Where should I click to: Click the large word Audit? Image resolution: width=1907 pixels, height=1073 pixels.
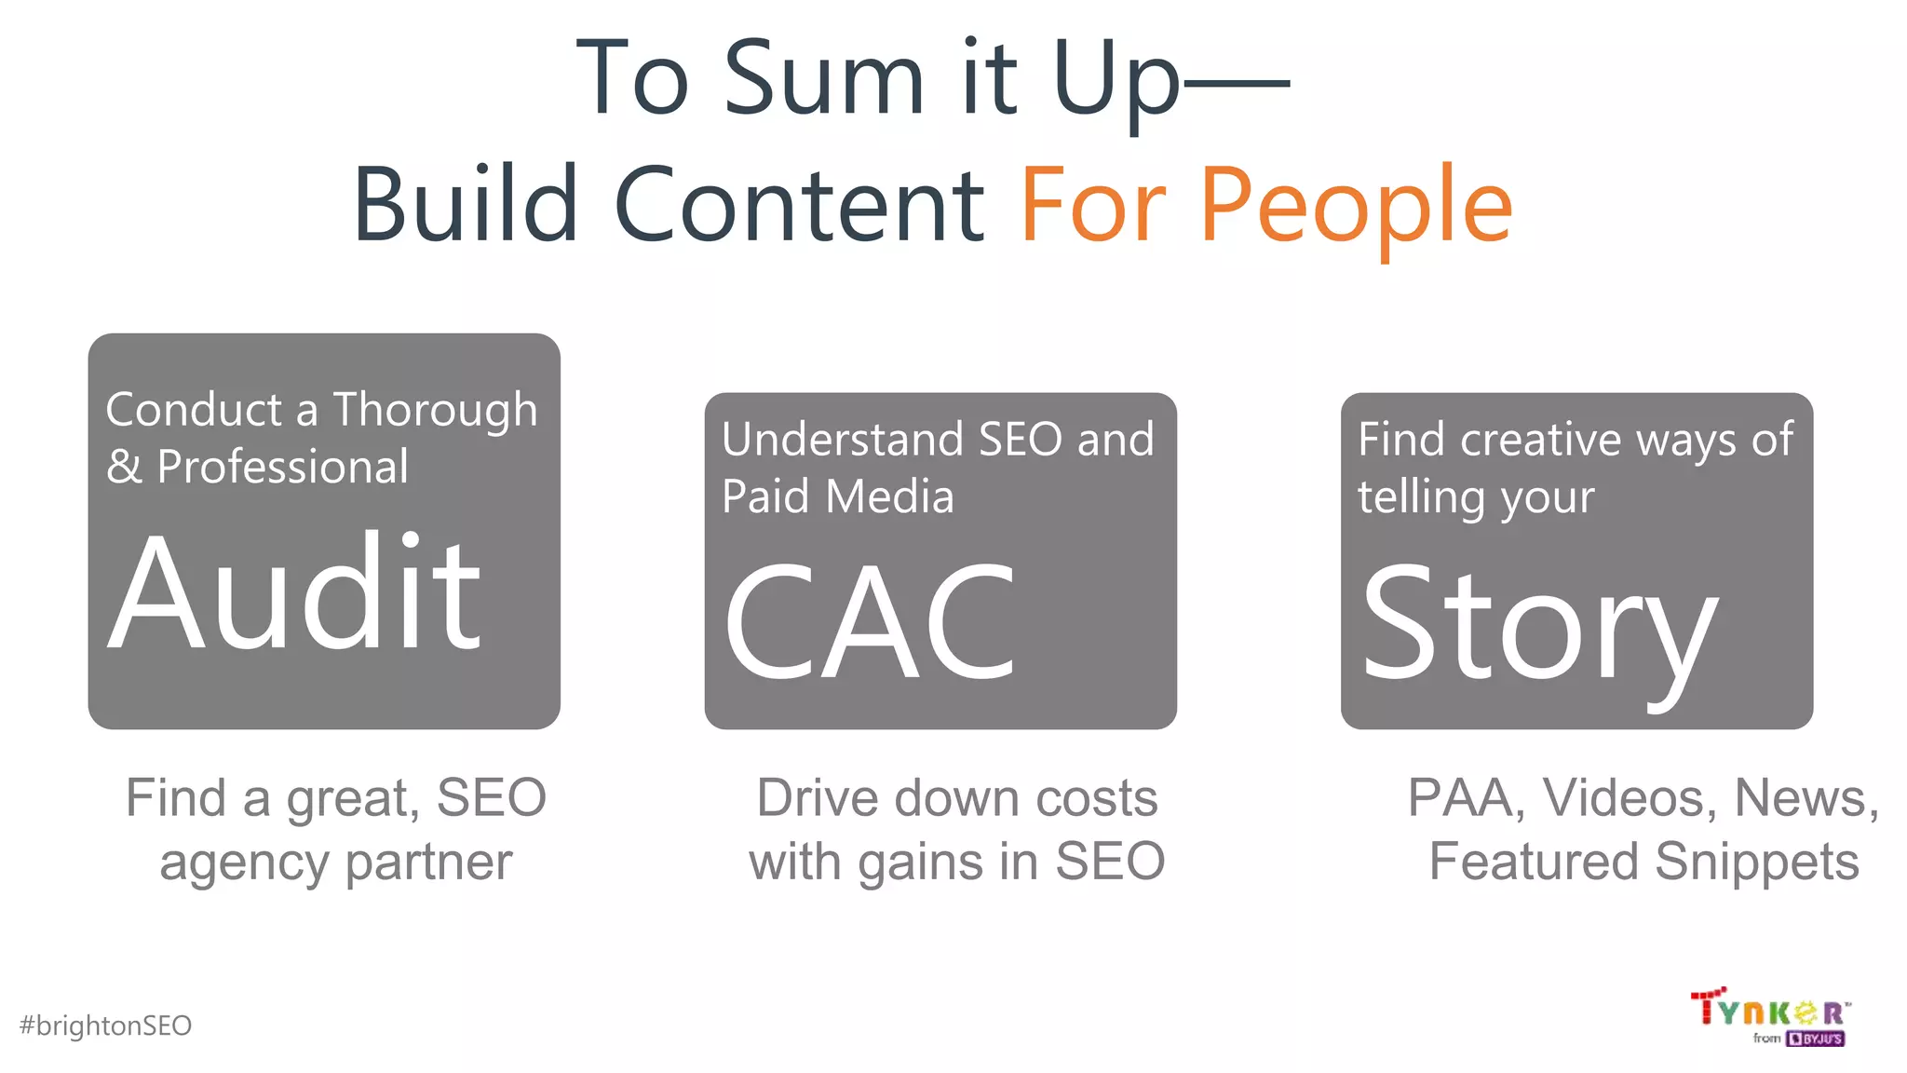point(295,592)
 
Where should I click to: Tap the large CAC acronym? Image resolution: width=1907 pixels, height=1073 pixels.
point(869,622)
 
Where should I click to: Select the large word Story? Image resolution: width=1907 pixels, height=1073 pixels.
point(1538,626)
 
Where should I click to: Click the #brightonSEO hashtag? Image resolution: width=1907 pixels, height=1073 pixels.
point(105,1025)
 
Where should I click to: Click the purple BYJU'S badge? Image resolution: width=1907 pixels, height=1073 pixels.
point(1815,1039)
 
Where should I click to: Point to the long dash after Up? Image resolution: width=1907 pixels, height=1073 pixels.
point(1237,84)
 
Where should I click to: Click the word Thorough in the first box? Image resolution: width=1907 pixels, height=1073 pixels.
point(435,410)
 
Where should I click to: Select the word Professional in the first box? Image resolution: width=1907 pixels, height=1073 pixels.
point(283,467)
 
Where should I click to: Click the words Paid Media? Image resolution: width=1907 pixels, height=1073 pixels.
point(837,496)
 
